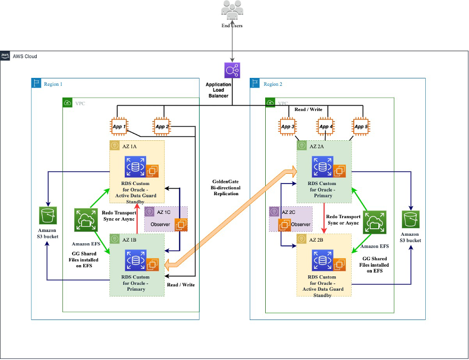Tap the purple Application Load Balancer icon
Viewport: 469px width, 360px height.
coord(233,71)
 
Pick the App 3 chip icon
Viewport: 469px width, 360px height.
coord(287,127)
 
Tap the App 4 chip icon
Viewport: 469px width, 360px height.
coord(324,127)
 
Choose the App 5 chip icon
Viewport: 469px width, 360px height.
coord(361,127)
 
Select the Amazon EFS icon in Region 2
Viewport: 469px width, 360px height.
coord(375,223)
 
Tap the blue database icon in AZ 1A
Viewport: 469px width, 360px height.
coord(135,166)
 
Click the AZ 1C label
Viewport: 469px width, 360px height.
coord(163,212)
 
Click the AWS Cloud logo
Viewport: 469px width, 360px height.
coord(5,56)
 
